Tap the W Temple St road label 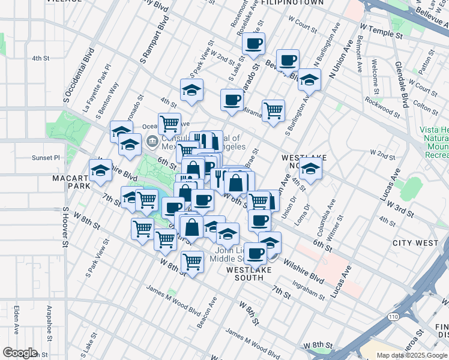coord(381,31)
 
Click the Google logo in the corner coord(20,352)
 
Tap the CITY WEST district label coord(415,243)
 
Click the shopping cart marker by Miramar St coord(274,110)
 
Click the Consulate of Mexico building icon coord(152,142)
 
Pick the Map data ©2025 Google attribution coord(412,355)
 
